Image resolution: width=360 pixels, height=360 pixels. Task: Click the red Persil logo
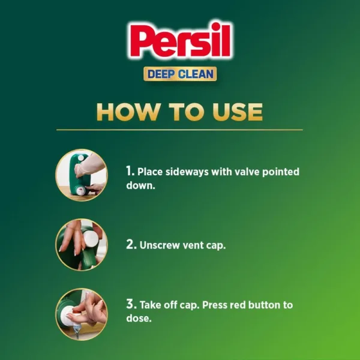(x=180, y=43)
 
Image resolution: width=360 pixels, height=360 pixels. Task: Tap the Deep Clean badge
(x=180, y=74)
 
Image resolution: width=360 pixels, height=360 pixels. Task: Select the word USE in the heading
(x=236, y=112)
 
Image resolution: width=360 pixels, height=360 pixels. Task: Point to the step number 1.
(x=130, y=172)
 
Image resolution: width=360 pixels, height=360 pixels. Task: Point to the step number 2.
(x=130, y=245)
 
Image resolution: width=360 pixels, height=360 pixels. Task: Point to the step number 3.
(x=130, y=305)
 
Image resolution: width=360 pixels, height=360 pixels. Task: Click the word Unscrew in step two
(x=160, y=245)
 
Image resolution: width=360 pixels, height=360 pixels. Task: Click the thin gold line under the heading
(x=180, y=130)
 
